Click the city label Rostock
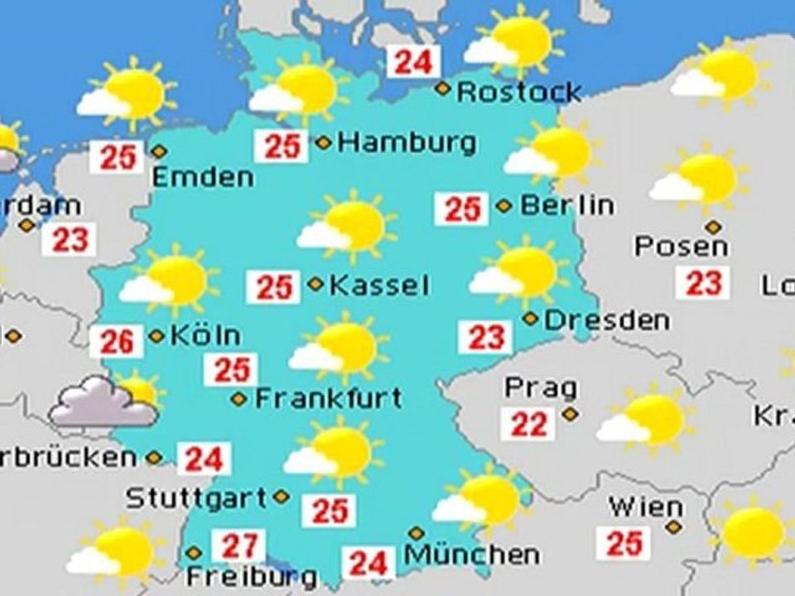(519, 91)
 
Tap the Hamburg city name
(407, 142)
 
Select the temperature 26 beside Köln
(117, 341)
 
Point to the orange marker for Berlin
(503, 205)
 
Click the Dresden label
(607, 320)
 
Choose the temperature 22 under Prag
(529, 424)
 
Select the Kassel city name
(379, 286)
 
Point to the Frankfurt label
(328, 398)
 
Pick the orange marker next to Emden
(159, 151)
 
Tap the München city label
(471, 554)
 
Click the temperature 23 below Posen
(704, 283)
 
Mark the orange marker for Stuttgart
(282, 497)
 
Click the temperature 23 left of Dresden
(486, 337)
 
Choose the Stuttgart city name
(196, 498)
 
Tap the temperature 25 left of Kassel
(274, 287)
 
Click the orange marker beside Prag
(569, 412)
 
